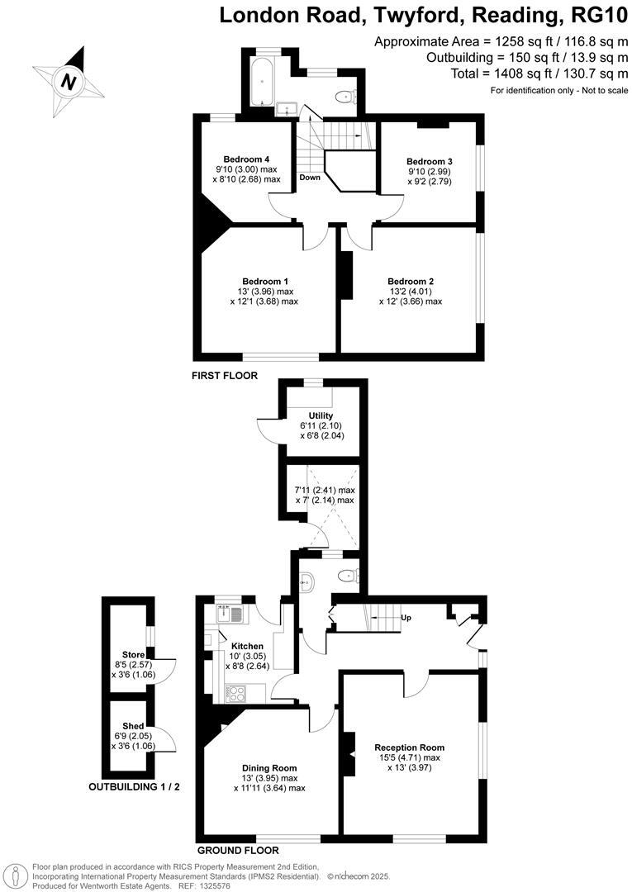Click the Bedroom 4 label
click(x=246, y=159)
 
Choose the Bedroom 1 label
click(x=264, y=281)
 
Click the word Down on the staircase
click(x=310, y=178)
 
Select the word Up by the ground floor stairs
click(x=405, y=618)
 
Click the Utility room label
click(x=321, y=415)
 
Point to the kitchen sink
click(x=226, y=614)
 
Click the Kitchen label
click(x=247, y=646)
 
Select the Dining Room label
click(x=269, y=766)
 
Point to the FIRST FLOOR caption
click(x=225, y=376)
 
